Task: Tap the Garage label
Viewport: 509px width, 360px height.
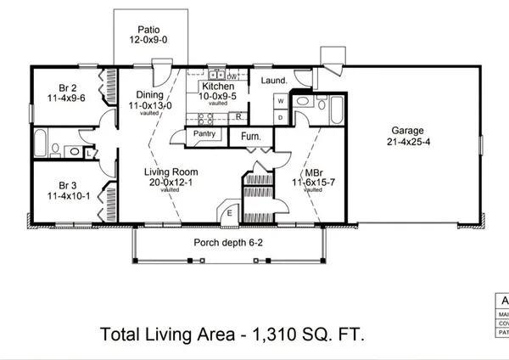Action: click(x=408, y=131)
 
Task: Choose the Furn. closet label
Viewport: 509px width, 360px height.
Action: click(x=250, y=137)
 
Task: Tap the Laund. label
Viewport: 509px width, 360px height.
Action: click(x=274, y=81)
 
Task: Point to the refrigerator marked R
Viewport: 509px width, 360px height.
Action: click(x=239, y=115)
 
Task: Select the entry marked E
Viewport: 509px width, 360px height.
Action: click(x=230, y=213)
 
